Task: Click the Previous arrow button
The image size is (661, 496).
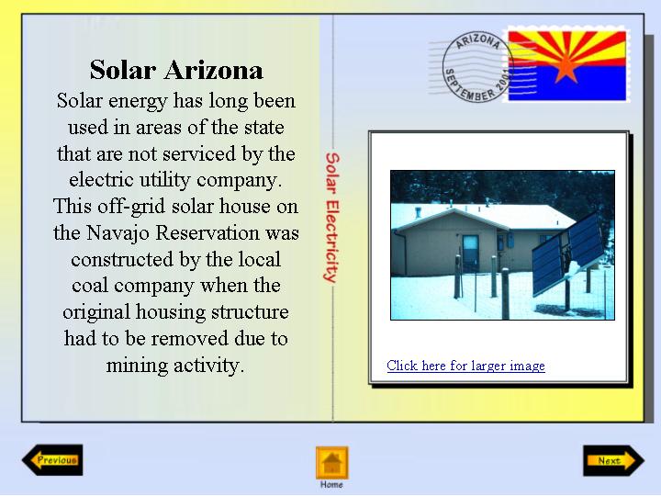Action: pos(52,460)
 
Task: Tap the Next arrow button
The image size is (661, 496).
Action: pos(614,460)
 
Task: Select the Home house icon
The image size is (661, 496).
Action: pos(332,463)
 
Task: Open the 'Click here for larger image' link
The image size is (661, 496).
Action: pos(465,366)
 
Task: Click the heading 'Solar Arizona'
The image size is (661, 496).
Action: pos(176,70)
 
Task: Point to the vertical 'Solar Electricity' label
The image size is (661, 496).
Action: pos(332,217)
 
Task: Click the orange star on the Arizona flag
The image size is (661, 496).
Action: pos(566,67)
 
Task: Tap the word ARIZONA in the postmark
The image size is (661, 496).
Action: pos(478,41)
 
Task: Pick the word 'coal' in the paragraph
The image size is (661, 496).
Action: pos(90,286)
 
